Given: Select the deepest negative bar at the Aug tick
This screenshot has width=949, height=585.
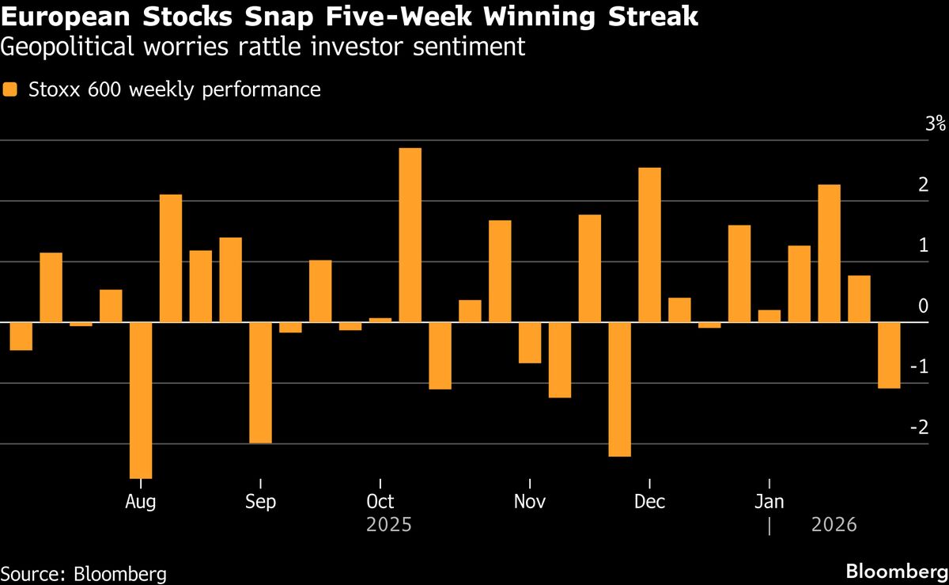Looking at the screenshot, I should coord(141,400).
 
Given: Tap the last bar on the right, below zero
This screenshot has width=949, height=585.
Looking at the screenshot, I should coord(889,355).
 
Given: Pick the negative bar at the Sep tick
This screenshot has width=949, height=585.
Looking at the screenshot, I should coord(260,382).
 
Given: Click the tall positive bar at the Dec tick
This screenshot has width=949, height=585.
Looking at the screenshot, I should coord(649,245).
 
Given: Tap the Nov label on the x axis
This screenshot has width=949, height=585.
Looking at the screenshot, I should coord(529,502).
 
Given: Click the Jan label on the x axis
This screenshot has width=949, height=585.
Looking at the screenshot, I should coord(769,502).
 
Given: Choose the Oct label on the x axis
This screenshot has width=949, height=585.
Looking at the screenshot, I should coord(380,502).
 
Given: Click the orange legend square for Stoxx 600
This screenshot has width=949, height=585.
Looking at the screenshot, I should coord(11,90).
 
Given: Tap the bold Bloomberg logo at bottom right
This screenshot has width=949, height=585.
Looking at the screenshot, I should coord(896,572).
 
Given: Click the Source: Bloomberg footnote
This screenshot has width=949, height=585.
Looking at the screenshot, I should coord(83,573).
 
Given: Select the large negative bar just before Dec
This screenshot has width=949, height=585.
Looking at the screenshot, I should coord(619,389).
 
